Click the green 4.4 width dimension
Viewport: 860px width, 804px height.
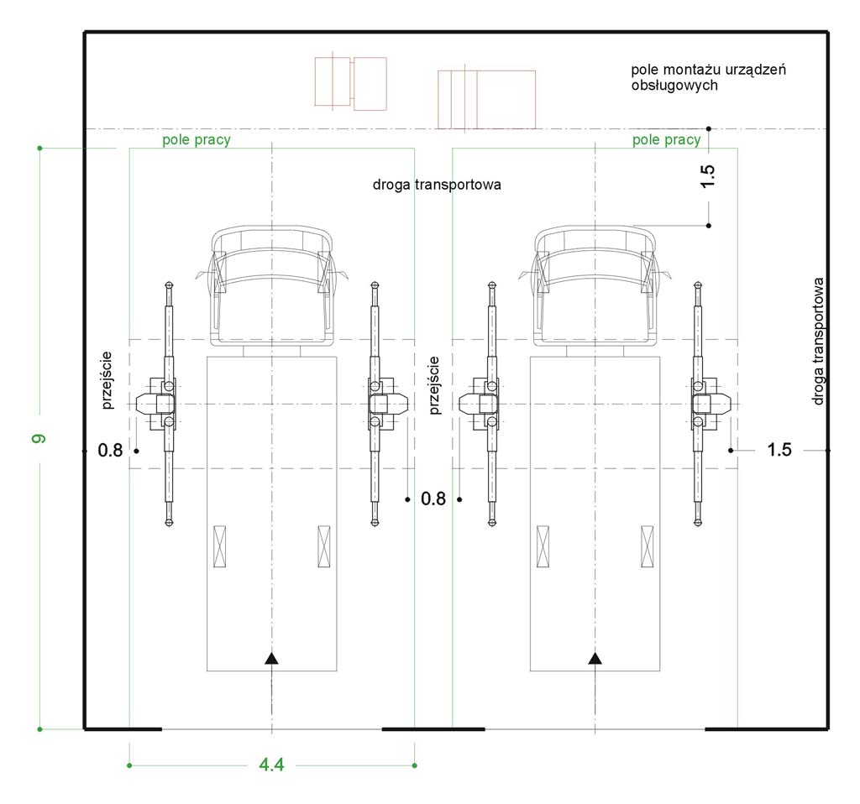pyautogui.click(x=271, y=765)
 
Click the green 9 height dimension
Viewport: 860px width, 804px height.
pyautogui.click(x=39, y=438)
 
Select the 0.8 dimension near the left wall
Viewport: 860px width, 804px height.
pyautogui.click(x=110, y=451)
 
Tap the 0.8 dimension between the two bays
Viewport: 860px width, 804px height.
pyautogui.click(x=433, y=499)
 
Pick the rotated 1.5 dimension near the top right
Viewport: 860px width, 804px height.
pyautogui.click(x=708, y=176)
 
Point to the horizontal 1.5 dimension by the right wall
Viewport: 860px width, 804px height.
pyautogui.click(x=779, y=450)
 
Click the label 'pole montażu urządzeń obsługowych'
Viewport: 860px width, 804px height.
pyautogui.click(x=708, y=77)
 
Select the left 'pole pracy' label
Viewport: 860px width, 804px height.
pyautogui.click(x=197, y=140)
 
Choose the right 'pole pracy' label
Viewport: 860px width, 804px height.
pyautogui.click(x=666, y=140)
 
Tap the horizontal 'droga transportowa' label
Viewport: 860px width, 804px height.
pyautogui.click(x=437, y=184)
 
